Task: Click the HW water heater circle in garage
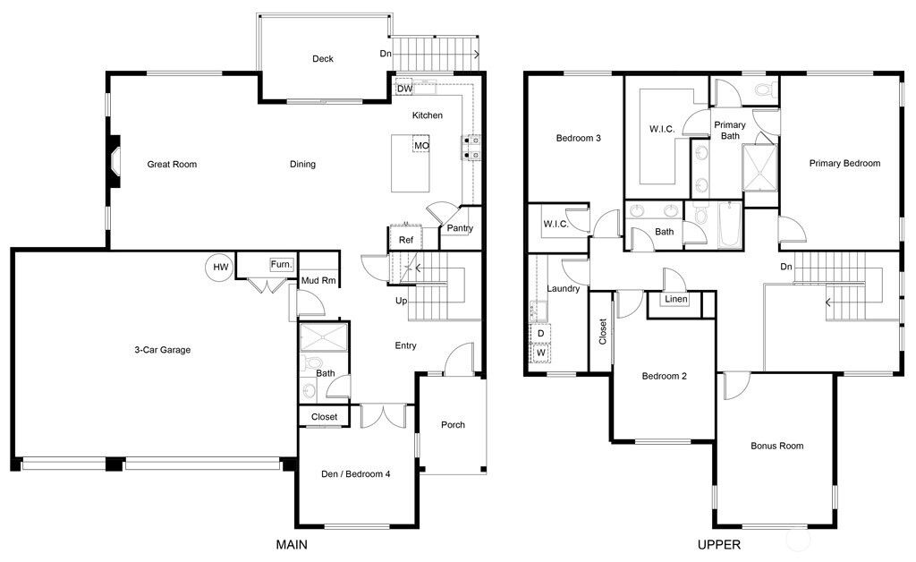pyautogui.click(x=218, y=266)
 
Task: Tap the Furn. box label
pyautogui.click(x=282, y=265)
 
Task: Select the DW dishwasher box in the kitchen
pyautogui.click(x=404, y=89)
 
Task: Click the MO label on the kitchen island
pyautogui.click(x=420, y=145)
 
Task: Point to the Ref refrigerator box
pyautogui.click(x=406, y=240)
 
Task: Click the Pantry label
pyautogui.click(x=460, y=228)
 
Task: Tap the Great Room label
pyautogui.click(x=172, y=164)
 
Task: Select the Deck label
pyautogui.click(x=323, y=59)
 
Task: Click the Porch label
pyautogui.click(x=453, y=424)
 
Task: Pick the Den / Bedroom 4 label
pyautogui.click(x=355, y=474)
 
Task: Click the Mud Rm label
pyautogui.click(x=318, y=280)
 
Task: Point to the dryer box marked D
pyautogui.click(x=541, y=333)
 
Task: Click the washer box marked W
pyautogui.click(x=541, y=353)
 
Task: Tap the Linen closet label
pyautogui.click(x=676, y=299)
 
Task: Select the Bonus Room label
pyautogui.click(x=776, y=446)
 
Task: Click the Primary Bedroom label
pyautogui.click(x=844, y=163)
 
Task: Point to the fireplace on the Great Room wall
pyautogui.click(x=113, y=162)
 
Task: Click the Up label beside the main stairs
pyautogui.click(x=402, y=301)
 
